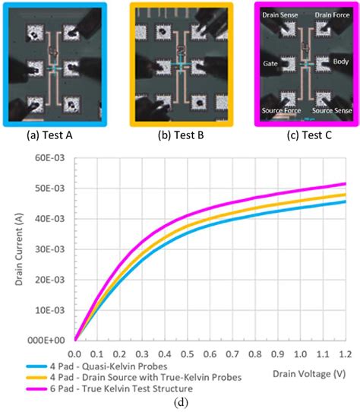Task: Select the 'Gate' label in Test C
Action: (x=270, y=63)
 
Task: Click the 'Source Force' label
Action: (x=281, y=111)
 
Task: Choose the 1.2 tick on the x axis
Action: (x=346, y=354)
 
